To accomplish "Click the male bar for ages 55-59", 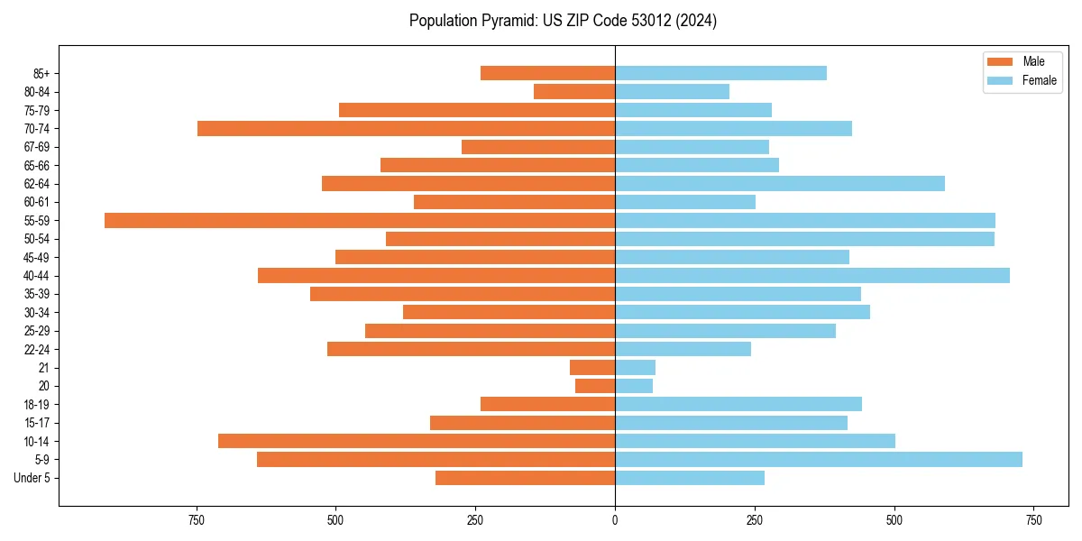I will tap(360, 221).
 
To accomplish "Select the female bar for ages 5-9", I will tap(819, 460).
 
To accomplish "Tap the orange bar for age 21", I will tap(592, 368).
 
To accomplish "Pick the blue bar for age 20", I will tap(634, 386).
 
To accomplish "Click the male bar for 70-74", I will tap(406, 129).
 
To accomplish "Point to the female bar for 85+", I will tap(720, 74).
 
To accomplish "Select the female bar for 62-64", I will tap(780, 184).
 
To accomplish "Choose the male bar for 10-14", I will tap(417, 441).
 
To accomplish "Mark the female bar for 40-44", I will tap(812, 276).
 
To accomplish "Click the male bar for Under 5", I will tap(525, 478).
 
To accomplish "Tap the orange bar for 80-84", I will tap(574, 92).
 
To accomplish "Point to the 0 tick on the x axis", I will tap(615, 520).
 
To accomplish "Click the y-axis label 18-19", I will tap(37, 405).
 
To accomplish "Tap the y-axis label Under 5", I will tap(32, 478).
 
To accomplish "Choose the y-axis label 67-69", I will tap(37, 147).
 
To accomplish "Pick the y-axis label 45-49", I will tap(37, 258).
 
